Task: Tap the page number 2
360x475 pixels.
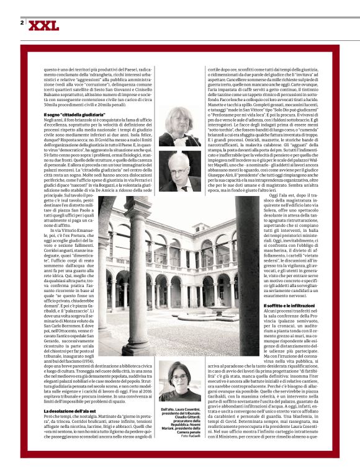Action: coord(22,23)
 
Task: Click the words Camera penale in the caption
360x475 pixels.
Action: coord(187,430)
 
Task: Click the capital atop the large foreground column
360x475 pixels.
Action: coord(138,214)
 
